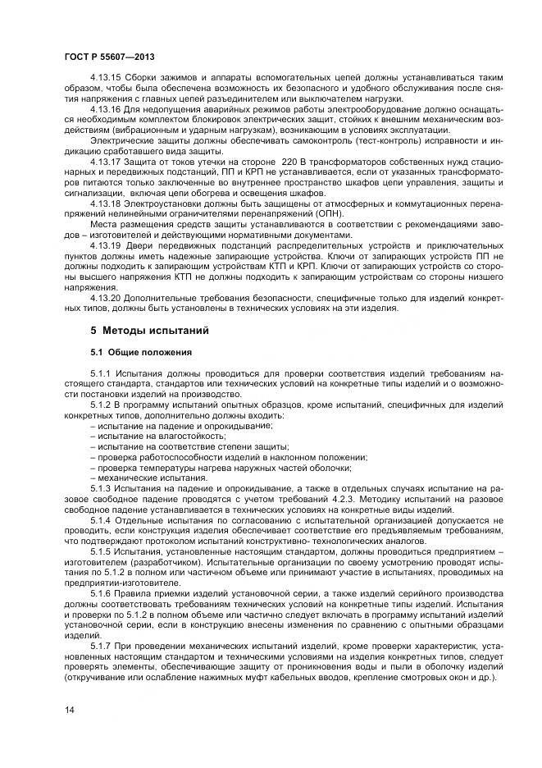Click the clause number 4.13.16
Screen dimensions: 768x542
point(105,108)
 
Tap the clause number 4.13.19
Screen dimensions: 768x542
point(105,246)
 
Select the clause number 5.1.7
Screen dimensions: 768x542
point(101,647)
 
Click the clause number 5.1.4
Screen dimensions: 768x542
point(101,520)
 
